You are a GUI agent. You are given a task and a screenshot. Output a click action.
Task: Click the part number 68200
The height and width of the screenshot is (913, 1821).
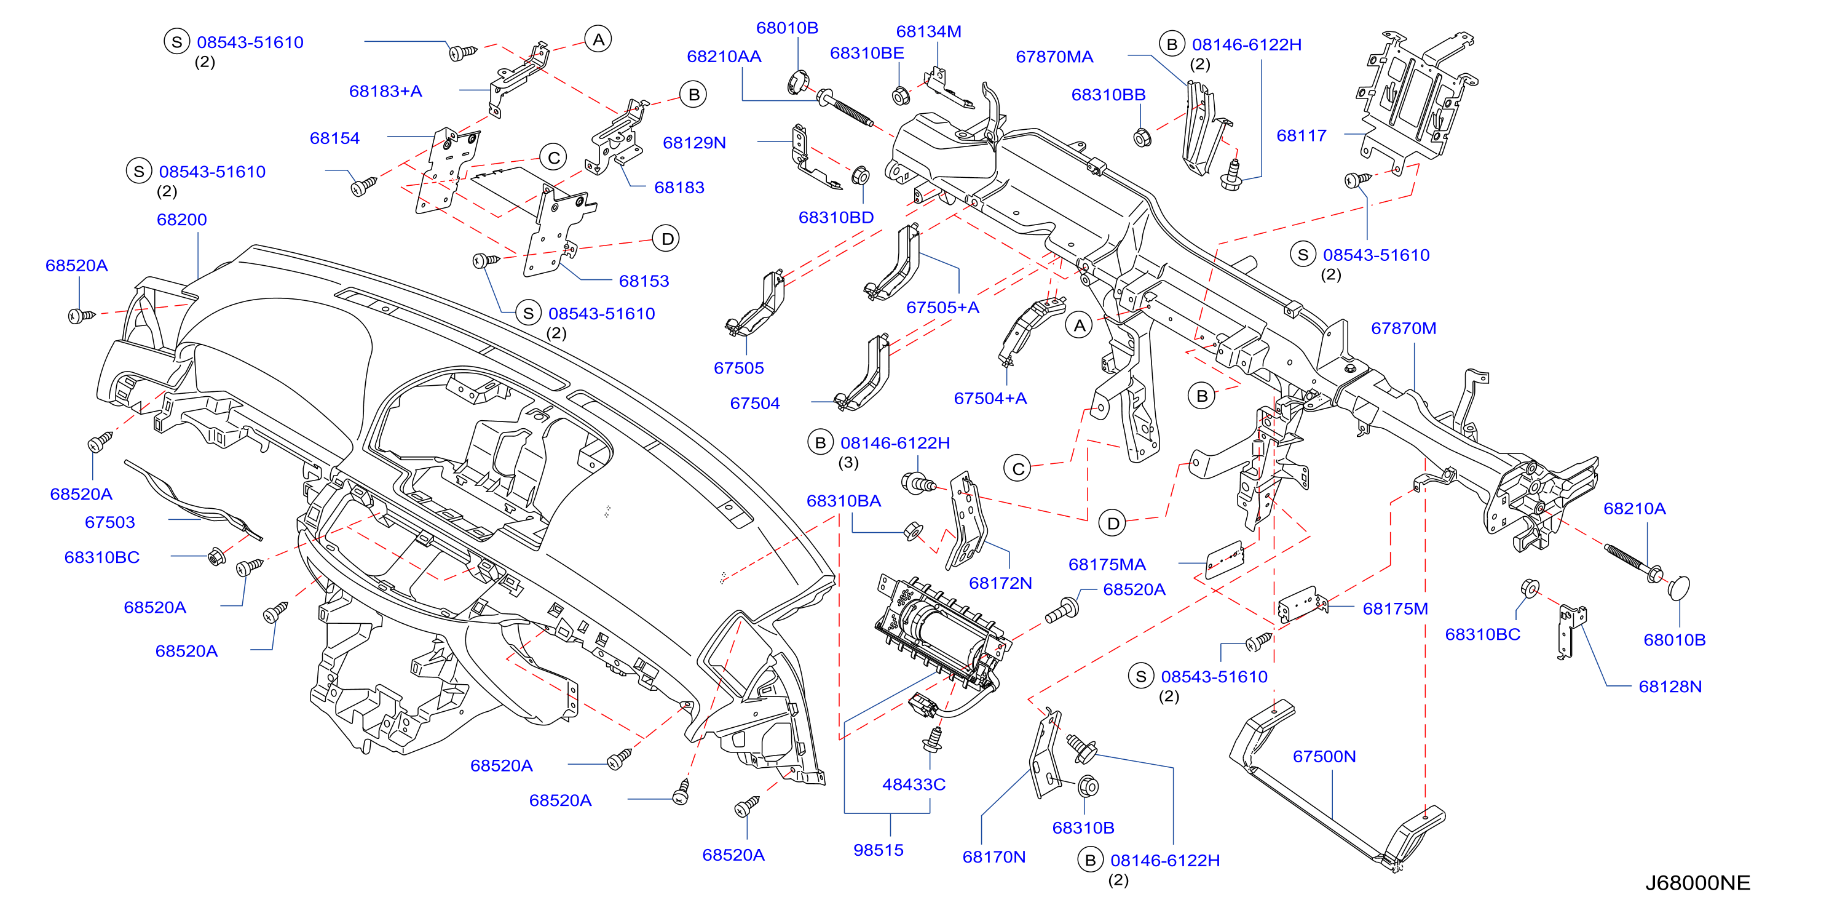pos(182,219)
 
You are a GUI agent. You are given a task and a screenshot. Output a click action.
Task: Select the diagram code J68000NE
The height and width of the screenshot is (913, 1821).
pos(1698,883)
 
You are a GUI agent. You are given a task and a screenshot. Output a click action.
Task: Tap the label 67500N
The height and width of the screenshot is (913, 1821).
pos(1324,756)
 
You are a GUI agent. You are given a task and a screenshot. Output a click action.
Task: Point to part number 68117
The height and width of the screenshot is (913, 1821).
pos(1302,135)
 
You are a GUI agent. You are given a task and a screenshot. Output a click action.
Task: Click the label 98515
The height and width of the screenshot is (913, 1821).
pos(878,850)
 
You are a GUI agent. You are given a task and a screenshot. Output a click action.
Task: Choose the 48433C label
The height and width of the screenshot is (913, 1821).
pos(914,784)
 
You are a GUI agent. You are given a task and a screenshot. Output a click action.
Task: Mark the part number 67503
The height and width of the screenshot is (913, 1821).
pos(109,522)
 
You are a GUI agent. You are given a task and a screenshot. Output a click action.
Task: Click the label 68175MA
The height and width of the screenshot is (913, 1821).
pos(1107,564)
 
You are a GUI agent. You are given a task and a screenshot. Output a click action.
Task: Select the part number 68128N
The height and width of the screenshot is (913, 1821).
pos(1670,686)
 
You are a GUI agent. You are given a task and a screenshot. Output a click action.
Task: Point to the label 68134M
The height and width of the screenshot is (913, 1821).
pos(928,31)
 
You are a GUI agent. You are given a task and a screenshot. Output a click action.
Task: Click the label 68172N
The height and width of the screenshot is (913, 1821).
pos(1000,583)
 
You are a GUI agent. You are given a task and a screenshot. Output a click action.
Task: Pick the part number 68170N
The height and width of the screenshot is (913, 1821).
pos(994,856)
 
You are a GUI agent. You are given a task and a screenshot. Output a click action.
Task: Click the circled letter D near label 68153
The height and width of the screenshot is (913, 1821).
pos(666,239)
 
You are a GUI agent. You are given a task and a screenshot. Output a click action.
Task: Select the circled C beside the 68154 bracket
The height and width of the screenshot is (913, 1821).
pos(553,157)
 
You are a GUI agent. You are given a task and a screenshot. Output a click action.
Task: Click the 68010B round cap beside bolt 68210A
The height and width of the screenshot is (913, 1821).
pos(1679,588)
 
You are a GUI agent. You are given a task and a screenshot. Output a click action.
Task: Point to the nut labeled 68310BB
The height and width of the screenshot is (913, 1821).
pos(1141,137)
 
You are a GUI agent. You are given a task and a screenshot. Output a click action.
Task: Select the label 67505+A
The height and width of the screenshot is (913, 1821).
pos(943,307)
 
